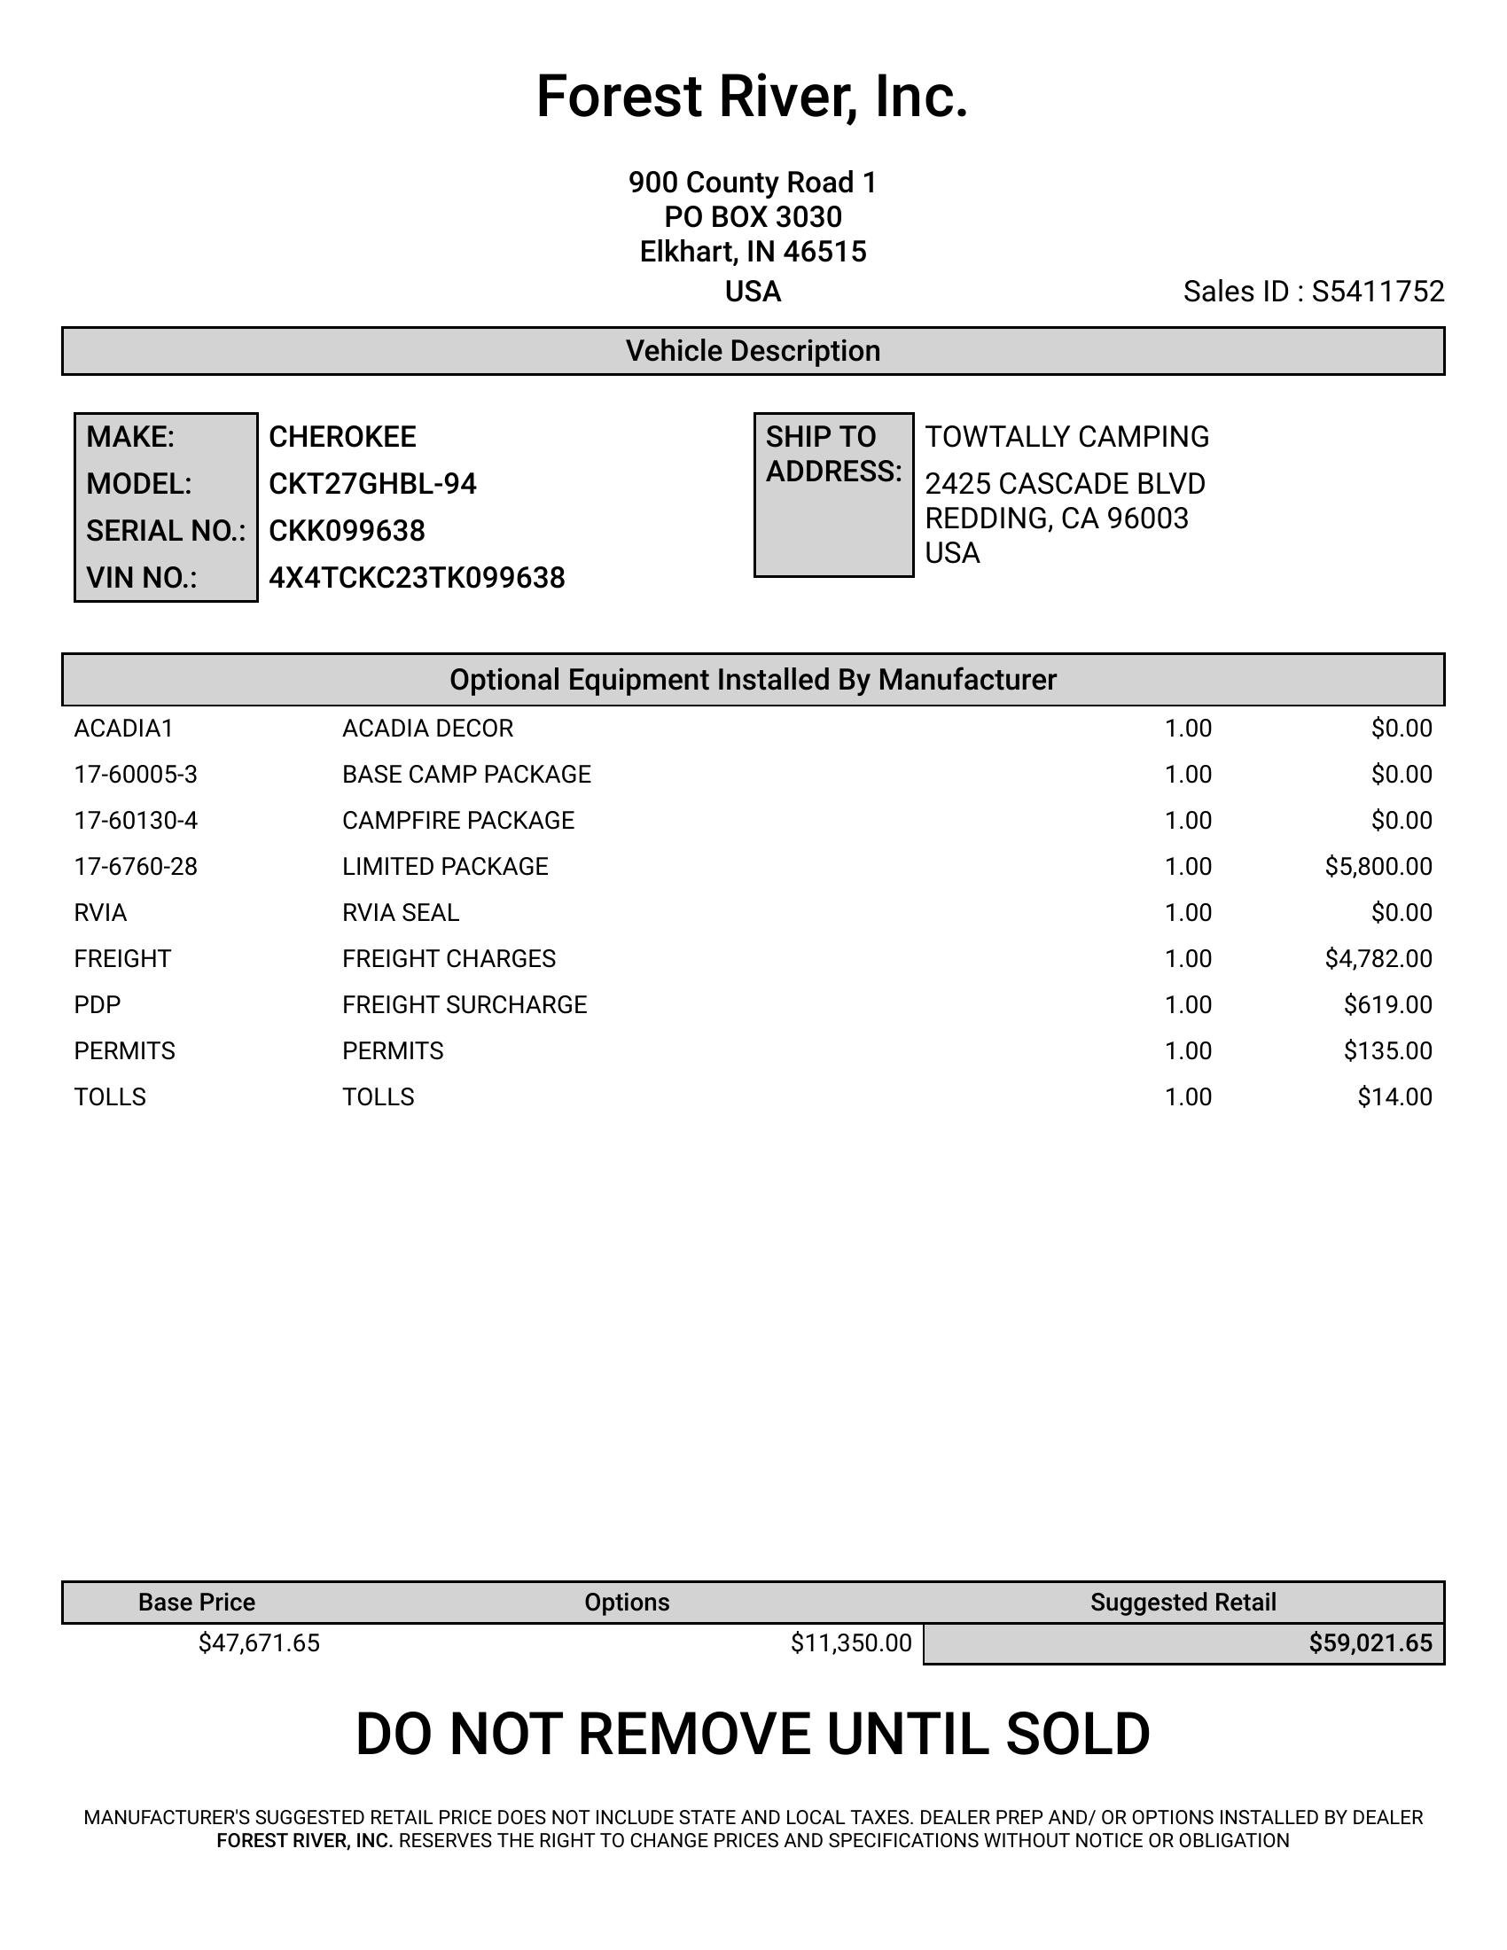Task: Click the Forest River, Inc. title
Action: (x=752, y=97)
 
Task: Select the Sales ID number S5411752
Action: (x=1378, y=292)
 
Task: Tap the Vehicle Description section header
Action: (x=753, y=351)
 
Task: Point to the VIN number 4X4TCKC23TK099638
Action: (x=417, y=578)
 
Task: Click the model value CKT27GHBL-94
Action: (x=372, y=484)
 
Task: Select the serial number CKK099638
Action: (x=347, y=531)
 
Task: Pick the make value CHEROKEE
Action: (x=342, y=437)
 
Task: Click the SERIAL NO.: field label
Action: (x=165, y=531)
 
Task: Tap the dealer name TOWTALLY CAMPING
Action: (x=1066, y=437)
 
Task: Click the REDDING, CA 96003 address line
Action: (x=1056, y=519)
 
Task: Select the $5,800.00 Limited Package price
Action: (x=1378, y=866)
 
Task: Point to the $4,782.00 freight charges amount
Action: (x=1378, y=959)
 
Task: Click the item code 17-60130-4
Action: (x=136, y=821)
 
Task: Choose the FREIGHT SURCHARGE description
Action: (x=465, y=1005)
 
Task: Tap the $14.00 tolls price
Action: (x=1394, y=1097)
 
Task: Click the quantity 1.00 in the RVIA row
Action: (x=1187, y=912)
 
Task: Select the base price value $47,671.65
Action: (x=259, y=1642)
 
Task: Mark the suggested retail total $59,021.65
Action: (x=1370, y=1642)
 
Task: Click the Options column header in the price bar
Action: (x=627, y=1603)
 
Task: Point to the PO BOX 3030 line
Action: (x=753, y=217)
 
